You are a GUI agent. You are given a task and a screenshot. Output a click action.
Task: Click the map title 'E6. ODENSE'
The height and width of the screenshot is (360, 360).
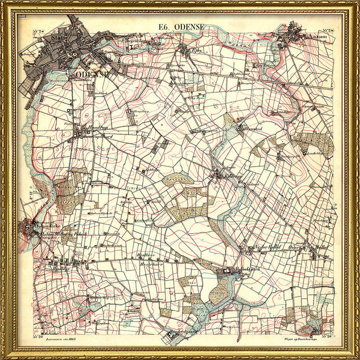[181, 28]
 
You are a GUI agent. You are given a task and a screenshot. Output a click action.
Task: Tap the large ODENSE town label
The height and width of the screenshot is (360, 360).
[93, 75]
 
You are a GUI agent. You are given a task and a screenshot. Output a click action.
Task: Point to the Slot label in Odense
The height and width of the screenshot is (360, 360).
[58, 38]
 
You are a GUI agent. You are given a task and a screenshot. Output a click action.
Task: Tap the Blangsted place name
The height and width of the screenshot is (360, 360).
[252, 128]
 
